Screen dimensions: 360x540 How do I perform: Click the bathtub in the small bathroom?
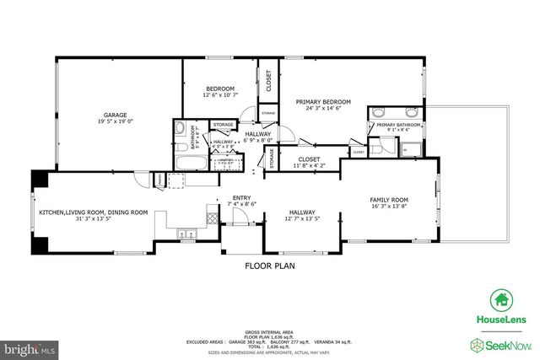pyautogui.click(x=186, y=159)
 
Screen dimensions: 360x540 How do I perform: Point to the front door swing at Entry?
pyautogui.click(x=239, y=217)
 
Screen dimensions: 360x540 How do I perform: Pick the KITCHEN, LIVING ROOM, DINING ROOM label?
pyautogui.click(x=93, y=212)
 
